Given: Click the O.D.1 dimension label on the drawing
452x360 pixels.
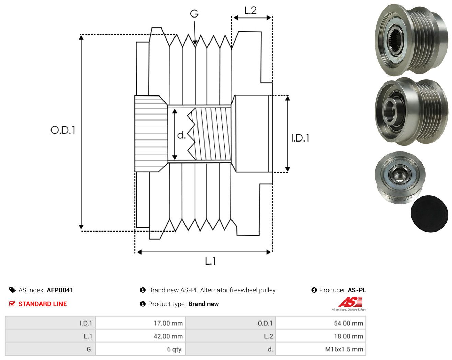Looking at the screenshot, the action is [63, 130].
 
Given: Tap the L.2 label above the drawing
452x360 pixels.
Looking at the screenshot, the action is [250, 11].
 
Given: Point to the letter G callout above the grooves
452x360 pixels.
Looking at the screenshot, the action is [194, 14].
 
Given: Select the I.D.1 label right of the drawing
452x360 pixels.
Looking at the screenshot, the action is [300, 138].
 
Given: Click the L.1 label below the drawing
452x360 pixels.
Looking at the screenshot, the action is [211, 261].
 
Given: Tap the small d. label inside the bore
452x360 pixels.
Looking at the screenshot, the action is [181, 135].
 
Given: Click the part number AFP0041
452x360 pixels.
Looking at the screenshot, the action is [60, 290].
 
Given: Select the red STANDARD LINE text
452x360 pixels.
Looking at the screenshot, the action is [43, 304].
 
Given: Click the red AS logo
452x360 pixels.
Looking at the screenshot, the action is [350, 302].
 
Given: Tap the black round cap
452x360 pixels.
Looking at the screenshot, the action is [429, 214].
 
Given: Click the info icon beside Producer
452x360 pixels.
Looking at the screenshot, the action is [314, 290].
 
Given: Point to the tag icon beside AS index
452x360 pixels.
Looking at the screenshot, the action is [13, 290].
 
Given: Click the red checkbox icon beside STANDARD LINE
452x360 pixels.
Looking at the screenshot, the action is [12, 304].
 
